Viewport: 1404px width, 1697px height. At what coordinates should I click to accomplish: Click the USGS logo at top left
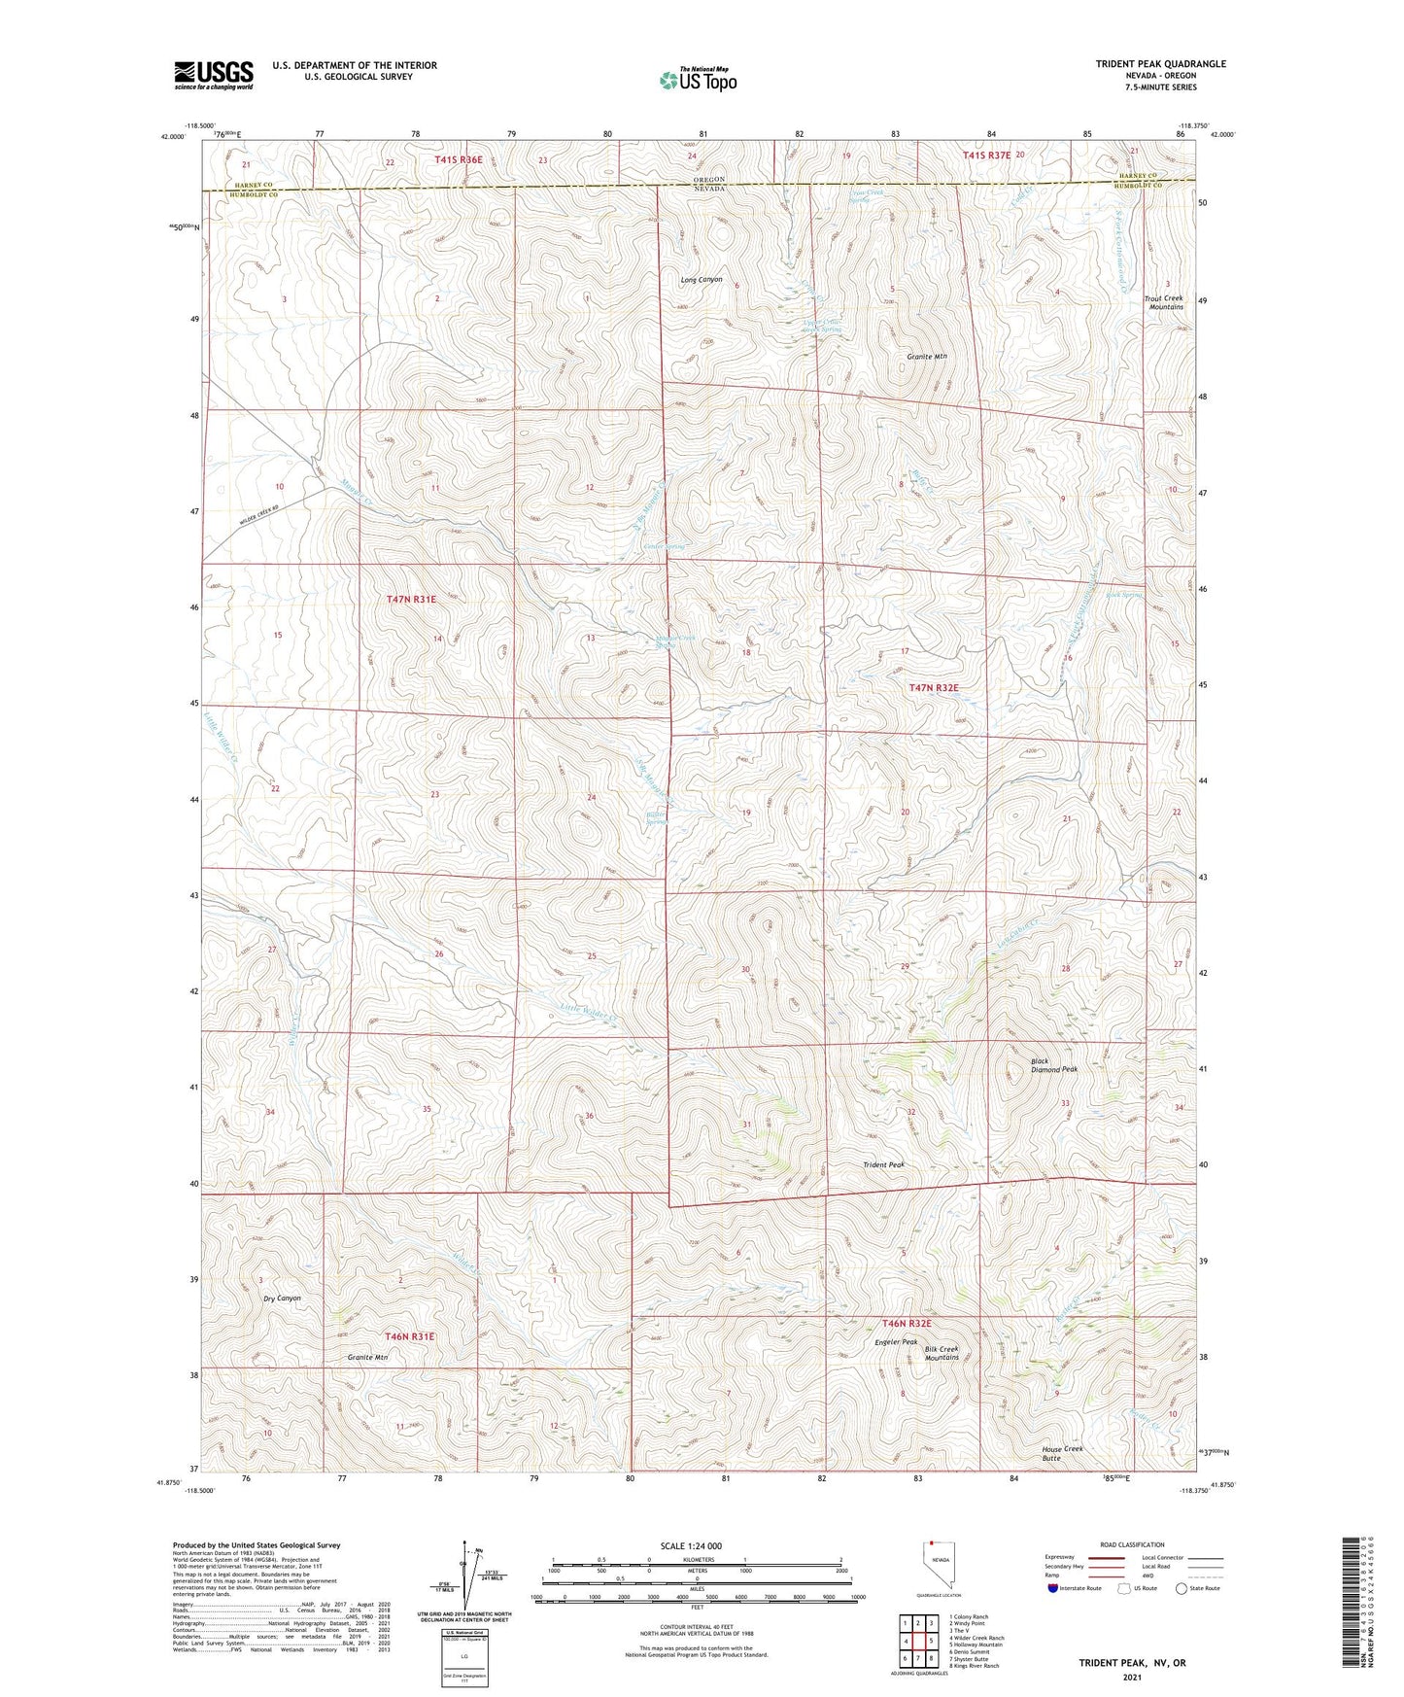pyautogui.click(x=213, y=75)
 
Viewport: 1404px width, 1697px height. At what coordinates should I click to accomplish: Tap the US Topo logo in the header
pyautogui.click(x=697, y=80)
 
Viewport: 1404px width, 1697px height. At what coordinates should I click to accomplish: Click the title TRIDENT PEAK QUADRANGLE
pyautogui.click(x=1160, y=64)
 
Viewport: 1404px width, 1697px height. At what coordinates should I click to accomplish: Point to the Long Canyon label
pyautogui.click(x=701, y=280)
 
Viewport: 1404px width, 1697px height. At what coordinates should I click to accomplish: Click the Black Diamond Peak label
pyautogui.click(x=1053, y=1065)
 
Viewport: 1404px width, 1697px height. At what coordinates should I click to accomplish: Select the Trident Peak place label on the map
pyautogui.click(x=883, y=1164)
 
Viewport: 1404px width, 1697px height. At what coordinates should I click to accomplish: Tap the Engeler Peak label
pyautogui.click(x=895, y=1342)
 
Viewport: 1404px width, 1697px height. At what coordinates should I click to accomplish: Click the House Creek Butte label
pyautogui.click(x=1061, y=1453)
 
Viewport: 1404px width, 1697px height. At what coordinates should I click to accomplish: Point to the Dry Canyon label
pyautogui.click(x=282, y=1299)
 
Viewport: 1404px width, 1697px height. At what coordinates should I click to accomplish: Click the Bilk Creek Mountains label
pyautogui.click(x=942, y=1353)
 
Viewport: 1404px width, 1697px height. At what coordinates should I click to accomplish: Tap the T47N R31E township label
pyautogui.click(x=411, y=600)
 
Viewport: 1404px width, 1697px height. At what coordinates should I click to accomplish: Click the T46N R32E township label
pyautogui.click(x=906, y=1324)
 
